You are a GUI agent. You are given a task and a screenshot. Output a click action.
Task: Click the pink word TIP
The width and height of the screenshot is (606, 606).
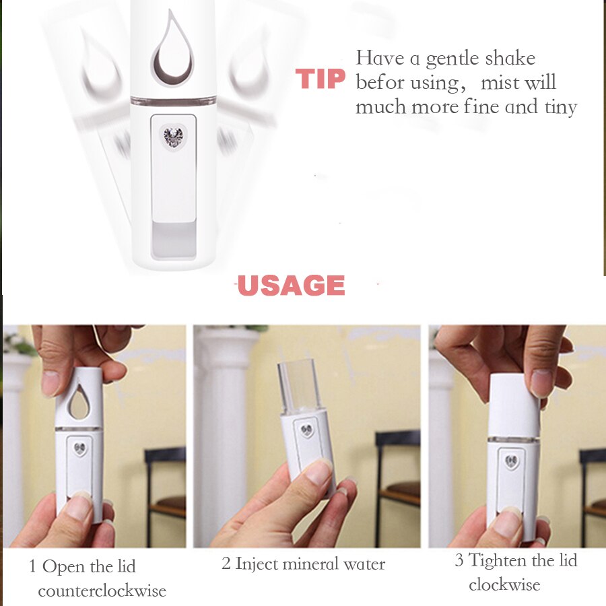pos(321,79)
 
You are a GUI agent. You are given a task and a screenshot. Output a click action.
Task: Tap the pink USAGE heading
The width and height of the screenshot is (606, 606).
pos(291,285)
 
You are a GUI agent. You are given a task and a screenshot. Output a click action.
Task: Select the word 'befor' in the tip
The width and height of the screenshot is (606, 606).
pos(380,82)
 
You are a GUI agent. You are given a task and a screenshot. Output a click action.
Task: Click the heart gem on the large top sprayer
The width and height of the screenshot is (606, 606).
pos(173,137)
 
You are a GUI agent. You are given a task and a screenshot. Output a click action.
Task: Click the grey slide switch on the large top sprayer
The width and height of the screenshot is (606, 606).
pos(174,239)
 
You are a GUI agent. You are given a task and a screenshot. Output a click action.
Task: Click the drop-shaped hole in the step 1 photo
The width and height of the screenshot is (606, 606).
pos(79,402)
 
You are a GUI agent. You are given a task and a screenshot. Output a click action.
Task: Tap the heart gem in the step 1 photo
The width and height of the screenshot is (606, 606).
pos(80,448)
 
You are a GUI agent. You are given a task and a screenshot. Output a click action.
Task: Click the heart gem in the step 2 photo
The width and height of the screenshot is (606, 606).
pos(307,430)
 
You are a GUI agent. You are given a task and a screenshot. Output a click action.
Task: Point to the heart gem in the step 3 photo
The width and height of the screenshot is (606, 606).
pos(511,461)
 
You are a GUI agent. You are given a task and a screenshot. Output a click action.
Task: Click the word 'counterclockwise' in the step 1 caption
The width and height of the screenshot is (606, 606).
pos(102,591)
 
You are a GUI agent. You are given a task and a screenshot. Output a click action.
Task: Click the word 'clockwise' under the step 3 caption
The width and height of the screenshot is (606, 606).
pos(505,584)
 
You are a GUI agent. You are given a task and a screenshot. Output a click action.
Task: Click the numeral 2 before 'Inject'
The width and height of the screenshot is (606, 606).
pos(226,564)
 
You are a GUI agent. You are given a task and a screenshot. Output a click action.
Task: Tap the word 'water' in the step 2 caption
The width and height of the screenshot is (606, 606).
pos(364,565)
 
